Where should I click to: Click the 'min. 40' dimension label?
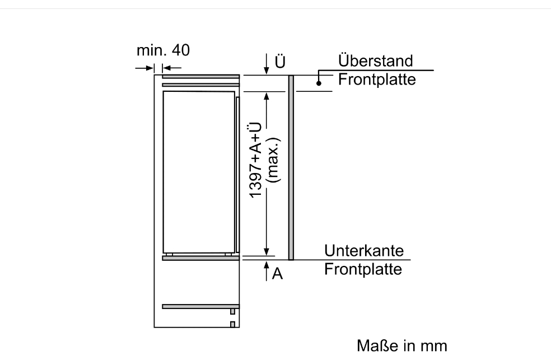point(163,50)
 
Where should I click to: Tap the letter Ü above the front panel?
point(280,62)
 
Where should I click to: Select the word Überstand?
point(375,61)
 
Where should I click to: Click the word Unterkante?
point(364,251)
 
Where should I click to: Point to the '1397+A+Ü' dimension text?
point(255,160)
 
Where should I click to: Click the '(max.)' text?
point(274,160)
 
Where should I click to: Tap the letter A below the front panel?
point(277,274)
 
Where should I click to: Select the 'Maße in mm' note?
point(402,345)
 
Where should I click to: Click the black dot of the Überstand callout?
point(319,83)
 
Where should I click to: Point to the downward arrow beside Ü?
point(267,64)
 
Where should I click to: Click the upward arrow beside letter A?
point(267,271)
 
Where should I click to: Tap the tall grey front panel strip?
point(291,167)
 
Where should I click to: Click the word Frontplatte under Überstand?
point(377,80)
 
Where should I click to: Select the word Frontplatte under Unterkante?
point(363,269)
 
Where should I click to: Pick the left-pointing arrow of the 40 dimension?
point(172,68)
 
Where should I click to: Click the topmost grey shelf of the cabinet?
point(200,77)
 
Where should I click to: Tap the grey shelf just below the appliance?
point(200,258)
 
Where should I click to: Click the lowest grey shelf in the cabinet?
point(200,307)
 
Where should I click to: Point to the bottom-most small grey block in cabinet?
point(232,324)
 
